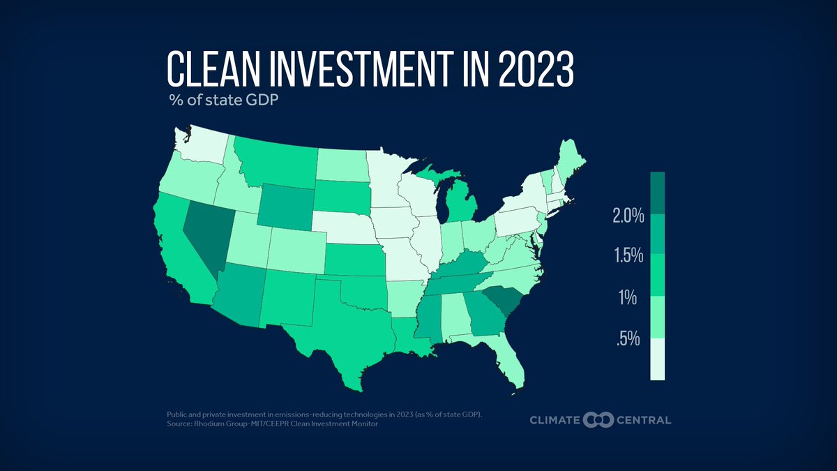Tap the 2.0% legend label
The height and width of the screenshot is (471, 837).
point(628,216)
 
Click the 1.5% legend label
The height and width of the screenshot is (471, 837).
point(628,256)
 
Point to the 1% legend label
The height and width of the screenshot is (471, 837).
point(628,298)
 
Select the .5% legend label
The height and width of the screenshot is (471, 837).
point(628,340)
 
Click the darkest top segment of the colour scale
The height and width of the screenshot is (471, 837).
point(658,193)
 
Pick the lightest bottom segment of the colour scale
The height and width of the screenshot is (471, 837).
point(658,359)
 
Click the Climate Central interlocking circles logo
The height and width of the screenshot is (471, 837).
point(598,419)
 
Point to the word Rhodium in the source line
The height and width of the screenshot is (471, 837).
point(216,424)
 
